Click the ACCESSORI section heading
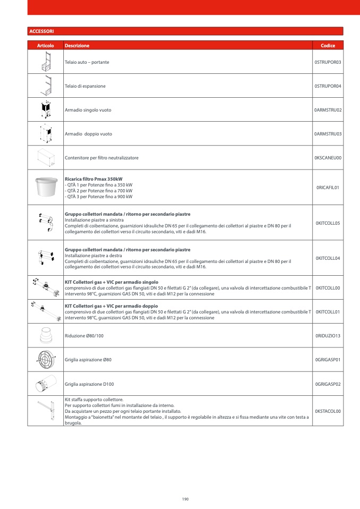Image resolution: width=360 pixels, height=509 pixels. click(41, 31)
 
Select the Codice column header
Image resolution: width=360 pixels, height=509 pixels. click(328, 46)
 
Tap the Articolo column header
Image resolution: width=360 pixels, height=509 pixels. click(45, 46)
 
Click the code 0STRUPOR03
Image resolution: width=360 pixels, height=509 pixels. click(328, 62)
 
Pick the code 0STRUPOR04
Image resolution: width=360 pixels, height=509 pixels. click(328, 86)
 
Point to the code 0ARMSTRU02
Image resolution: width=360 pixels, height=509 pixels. click(328, 110)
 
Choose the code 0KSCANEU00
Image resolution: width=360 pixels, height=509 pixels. click(328, 158)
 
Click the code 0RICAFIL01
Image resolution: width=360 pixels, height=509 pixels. click(328, 188)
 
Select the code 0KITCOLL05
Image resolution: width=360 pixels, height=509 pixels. click(328, 223)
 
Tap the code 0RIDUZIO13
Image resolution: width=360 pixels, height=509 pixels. click(328, 336)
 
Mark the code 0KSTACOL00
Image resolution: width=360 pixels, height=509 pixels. click(328, 411)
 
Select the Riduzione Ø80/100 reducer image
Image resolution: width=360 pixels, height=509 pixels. click(45, 336)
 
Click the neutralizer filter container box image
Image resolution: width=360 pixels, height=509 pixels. click(45, 158)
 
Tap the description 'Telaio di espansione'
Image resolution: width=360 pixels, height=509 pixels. click(85, 86)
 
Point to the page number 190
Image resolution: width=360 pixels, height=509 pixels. click(185, 499)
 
